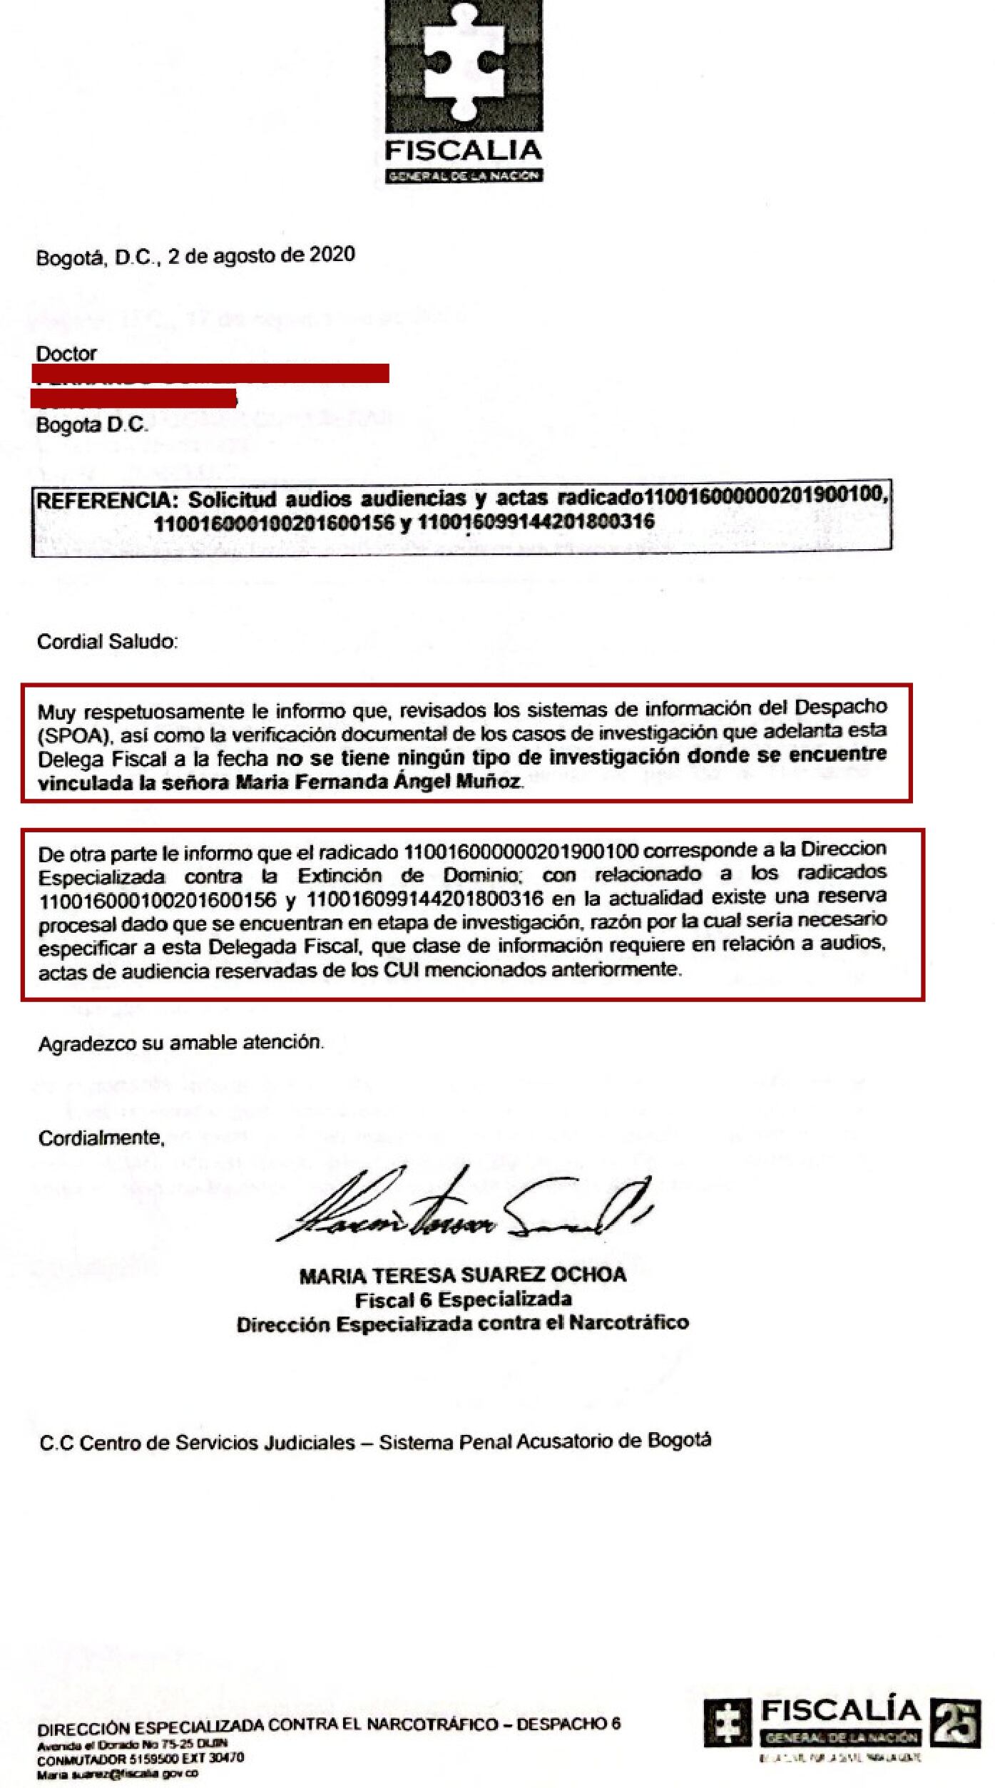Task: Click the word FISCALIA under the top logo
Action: click(464, 151)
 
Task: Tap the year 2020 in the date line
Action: click(332, 255)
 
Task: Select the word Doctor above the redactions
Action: click(66, 354)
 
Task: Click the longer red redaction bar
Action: click(210, 372)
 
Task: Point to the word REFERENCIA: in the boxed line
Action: click(107, 500)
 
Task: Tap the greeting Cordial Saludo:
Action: click(107, 642)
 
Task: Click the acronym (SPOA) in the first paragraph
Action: click(71, 735)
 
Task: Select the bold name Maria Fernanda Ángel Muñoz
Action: click(378, 782)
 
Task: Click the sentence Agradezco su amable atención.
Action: click(180, 1043)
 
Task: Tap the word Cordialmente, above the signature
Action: click(101, 1138)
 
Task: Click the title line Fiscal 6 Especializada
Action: click(463, 1299)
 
